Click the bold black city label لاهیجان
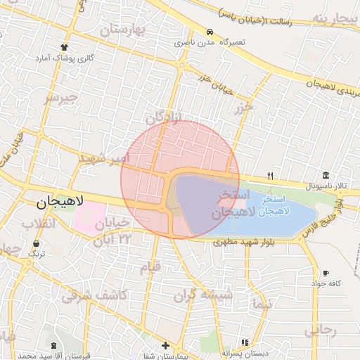[60, 202]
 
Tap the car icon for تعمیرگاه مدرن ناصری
[210, 32]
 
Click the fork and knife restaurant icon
[269, 176]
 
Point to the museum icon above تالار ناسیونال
[325, 175]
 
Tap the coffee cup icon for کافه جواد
[326, 273]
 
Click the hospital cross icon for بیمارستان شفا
[165, 345]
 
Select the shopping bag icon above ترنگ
[36, 243]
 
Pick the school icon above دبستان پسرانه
[244, 342]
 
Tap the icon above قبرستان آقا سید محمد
[54, 345]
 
